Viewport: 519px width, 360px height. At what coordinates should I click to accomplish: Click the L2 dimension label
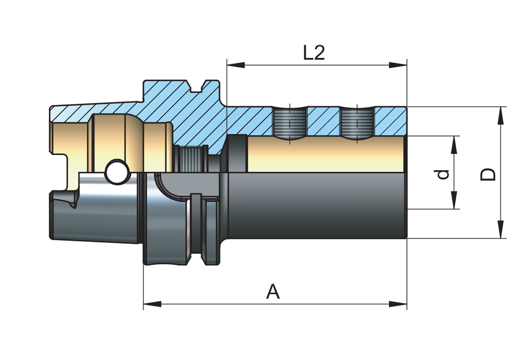click(314, 52)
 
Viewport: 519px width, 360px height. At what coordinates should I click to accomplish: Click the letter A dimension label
click(273, 291)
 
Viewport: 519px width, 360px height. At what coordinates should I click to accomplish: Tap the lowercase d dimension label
click(443, 174)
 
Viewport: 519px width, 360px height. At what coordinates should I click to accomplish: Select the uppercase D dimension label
click(488, 174)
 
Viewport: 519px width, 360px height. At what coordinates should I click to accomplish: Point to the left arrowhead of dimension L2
click(236, 65)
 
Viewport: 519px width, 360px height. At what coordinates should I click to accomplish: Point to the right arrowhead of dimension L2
click(398, 65)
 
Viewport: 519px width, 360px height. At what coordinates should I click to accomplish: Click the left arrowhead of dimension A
click(152, 304)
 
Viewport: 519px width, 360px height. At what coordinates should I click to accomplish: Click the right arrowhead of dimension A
click(398, 304)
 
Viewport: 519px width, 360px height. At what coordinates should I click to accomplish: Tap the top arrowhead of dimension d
click(455, 145)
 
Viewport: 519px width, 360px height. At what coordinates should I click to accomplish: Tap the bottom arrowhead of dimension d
click(455, 200)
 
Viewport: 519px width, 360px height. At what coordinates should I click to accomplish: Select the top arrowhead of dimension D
click(501, 116)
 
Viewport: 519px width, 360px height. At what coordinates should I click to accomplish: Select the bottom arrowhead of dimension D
click(501, 229)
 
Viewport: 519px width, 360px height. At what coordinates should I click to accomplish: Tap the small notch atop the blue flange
click(198, 86)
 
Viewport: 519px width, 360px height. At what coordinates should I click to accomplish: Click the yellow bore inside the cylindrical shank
click(326, 154)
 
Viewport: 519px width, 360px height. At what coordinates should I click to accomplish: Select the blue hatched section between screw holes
click(324, 121)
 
